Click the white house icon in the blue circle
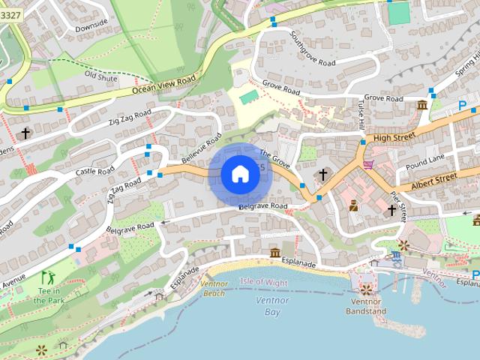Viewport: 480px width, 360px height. (240, 175)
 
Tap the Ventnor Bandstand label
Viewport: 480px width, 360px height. (367, 307)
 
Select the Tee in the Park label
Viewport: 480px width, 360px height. (49, 296)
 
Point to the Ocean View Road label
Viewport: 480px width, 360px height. (163, 84)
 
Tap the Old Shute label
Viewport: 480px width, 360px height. (100, 76)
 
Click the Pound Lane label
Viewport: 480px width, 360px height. (424, 161)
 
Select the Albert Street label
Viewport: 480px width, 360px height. (434, 180)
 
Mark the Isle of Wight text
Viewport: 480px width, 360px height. (263, 282)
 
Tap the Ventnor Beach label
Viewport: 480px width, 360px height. (214, 288)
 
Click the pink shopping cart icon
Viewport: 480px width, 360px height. (368, 164)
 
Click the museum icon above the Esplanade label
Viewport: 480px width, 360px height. (275, 252)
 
